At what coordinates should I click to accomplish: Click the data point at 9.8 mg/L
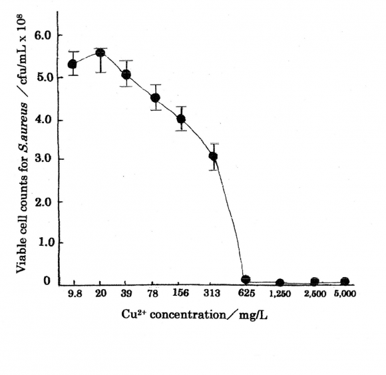click(73, 65)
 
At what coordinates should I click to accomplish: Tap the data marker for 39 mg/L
click(126, 75)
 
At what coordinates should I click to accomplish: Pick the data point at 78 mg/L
click(155, 98)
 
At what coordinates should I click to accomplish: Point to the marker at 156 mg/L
click(181, 119)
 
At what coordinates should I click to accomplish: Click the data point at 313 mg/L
click(213, 157)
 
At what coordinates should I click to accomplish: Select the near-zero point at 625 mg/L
click(246, 280)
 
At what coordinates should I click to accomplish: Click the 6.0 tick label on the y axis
click(44, 35)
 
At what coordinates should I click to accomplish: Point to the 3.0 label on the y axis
click(44, 159)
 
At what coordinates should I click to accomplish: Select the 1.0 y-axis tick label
click(44, 243)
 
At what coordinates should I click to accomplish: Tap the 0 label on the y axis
click(48, 282)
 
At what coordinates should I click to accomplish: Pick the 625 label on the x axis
click(246, 294)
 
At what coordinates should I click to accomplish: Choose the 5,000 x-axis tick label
click(345, 294)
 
